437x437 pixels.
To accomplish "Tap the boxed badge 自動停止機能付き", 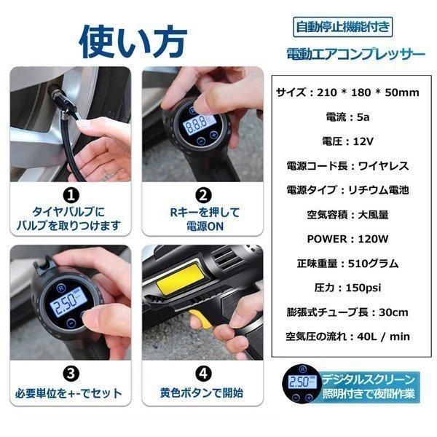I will coord(342,27).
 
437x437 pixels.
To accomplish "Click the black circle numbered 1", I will coord(70,195).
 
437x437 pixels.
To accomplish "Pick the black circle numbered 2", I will coord(205,195).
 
